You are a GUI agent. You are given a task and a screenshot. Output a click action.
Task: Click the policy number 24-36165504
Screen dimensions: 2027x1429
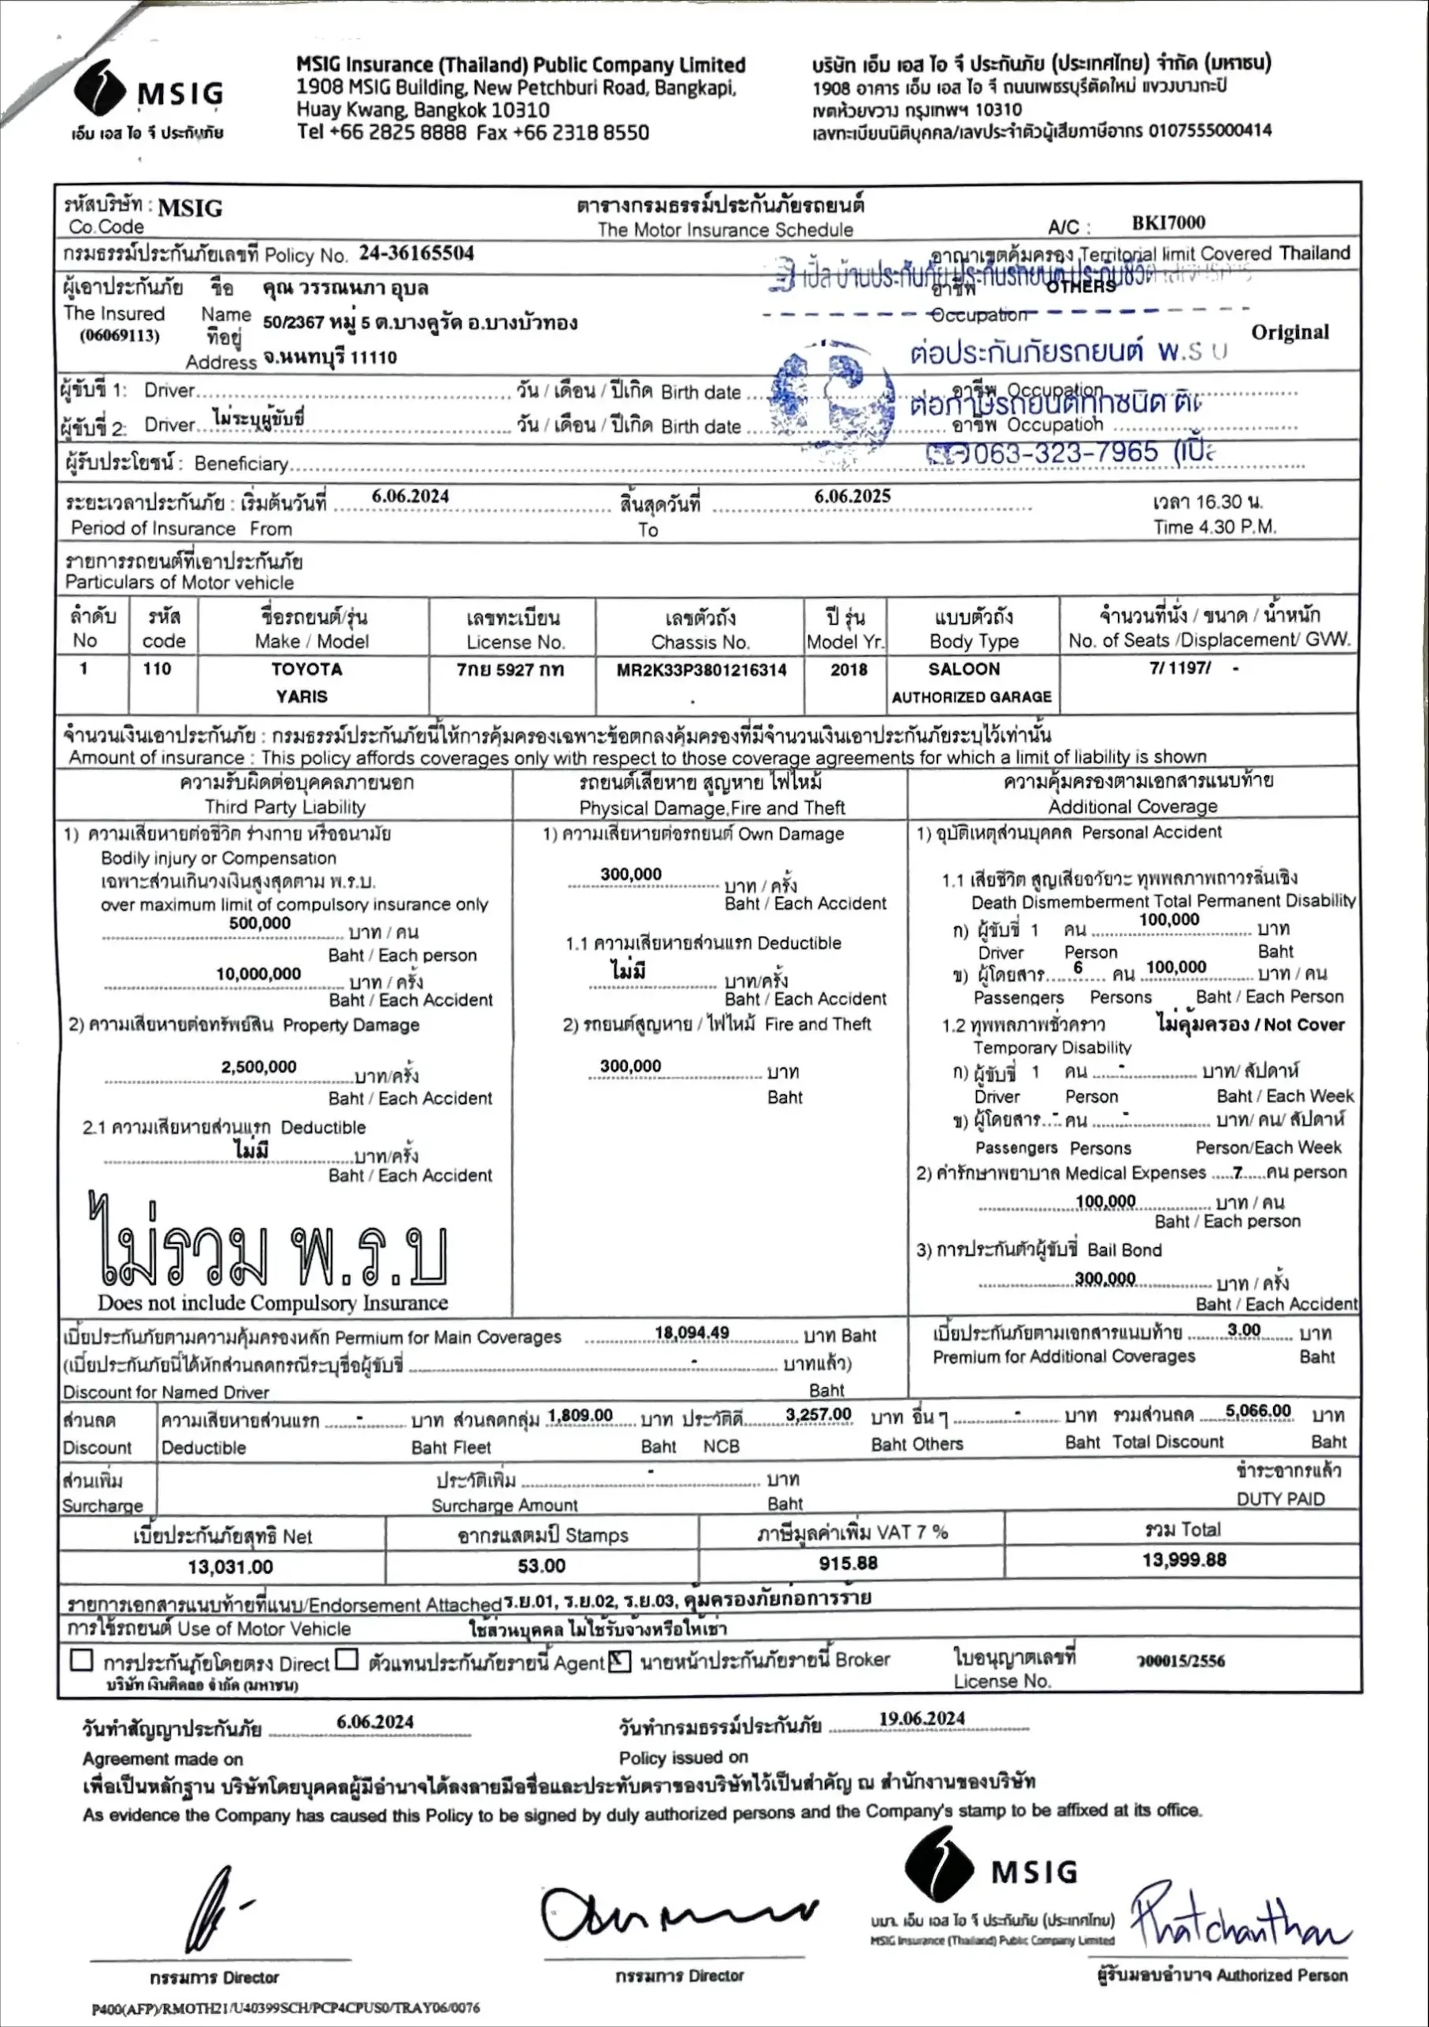tap(416, 253)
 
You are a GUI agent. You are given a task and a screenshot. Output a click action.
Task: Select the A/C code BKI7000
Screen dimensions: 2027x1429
tap(1168, 222)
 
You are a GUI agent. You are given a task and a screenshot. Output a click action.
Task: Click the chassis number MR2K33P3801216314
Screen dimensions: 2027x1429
tap(701, 670)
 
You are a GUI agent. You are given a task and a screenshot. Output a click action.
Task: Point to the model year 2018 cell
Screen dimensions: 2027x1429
tap(848, 670)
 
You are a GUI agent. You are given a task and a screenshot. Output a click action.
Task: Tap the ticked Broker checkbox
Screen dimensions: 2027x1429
tap(620, 1661)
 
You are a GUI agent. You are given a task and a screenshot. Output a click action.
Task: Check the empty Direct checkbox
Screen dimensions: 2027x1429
tap(82, 1660)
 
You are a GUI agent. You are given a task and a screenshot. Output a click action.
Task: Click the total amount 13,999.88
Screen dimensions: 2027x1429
tap(1184, 1560)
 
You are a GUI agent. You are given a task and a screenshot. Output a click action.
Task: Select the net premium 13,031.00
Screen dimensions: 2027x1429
tap(230, 1567)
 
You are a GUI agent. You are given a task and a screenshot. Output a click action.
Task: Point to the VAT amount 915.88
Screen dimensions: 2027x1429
tap(847, 1564)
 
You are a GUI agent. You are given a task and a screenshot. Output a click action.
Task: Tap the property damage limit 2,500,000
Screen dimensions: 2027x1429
tap(259, 1067)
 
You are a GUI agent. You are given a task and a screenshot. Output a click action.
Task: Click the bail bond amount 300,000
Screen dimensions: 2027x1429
tap(1105, 1278)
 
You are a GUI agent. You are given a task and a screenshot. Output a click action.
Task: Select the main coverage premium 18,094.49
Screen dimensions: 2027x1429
tap(692, 1333)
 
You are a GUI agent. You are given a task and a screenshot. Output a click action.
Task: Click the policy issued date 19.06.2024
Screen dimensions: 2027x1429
tap(922, 1718)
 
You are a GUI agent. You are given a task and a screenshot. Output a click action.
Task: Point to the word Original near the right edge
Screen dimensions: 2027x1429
tap(1290, 333)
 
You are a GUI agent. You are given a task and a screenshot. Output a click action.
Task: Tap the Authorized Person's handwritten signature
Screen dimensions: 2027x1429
tap(1236, 1918)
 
